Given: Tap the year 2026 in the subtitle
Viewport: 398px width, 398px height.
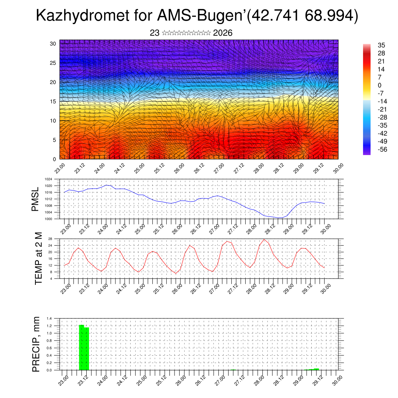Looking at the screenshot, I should point(223,33).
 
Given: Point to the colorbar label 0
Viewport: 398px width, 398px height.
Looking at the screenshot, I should point(379,85).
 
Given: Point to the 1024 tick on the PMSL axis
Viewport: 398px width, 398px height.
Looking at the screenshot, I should point(48,180).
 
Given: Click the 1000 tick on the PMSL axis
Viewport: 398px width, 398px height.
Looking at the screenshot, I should point(48,219).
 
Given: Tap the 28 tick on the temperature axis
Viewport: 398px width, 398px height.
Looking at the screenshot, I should point(50,239).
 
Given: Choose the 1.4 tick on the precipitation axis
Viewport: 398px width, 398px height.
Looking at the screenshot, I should point(49,318).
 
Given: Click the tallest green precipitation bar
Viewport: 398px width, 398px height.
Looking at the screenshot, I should point(82,347).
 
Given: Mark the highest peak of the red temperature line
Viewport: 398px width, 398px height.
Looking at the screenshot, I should point(264,239).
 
